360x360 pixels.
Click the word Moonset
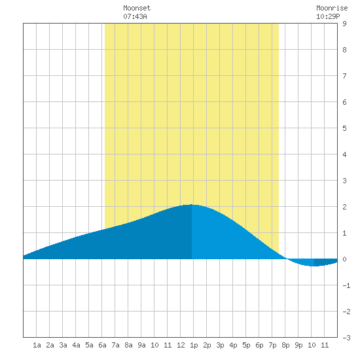click(x=137, y=8)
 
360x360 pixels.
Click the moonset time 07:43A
click(x=135, y=16)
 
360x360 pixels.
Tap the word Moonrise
click(x=332, y=8)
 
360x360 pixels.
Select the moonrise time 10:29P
click(x=328, y=16)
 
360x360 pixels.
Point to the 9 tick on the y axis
click(x=344, y=24)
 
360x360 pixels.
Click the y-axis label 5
click(x=344, y=128)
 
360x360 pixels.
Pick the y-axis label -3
click(x=346, y=338)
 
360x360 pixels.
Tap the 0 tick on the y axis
click(x=344, y=259)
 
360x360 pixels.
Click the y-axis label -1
click(x=346, y=285)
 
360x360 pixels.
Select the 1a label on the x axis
click(x=37, y=345)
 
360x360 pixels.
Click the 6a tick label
click(x=102, y=345)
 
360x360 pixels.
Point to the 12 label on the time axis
click(x=181, y=345)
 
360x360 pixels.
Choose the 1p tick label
click(x=194, y=345)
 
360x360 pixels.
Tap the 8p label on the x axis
click(x=285, y=345)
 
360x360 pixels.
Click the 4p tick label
click(x=233, y=345)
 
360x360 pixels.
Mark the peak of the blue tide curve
click(x=191, y=204)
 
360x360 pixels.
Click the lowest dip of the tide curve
click(x=314, y=266)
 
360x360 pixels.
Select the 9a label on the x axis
click(x=141, y=345)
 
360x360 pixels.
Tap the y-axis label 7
click(x=344, y=76)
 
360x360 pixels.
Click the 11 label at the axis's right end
click(x=325, y=345)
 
